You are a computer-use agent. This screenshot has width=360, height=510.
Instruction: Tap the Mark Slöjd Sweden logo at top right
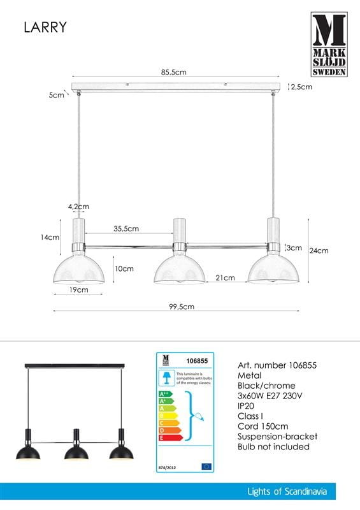pos(329,45)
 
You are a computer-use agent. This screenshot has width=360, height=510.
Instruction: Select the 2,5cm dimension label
pos(301,87)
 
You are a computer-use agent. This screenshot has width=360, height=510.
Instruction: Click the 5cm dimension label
pos(57,95)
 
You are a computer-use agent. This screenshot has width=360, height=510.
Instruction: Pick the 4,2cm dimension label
pos(78,207)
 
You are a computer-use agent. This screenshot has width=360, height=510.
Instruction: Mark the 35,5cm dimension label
pos(127,228)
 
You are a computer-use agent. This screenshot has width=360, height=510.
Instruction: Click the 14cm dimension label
pos(49,237)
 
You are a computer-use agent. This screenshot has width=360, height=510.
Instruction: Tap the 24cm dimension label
pos(318,251)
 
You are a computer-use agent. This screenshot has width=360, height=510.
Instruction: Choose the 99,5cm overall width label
pos(182,306)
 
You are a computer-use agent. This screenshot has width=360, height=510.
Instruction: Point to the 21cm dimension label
pos(226,277)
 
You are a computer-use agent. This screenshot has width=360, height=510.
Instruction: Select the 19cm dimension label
pos(78,289)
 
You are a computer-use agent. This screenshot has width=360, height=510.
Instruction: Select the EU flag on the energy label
pos(206,467)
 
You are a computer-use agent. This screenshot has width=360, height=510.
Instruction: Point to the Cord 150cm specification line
pos(262,426)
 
